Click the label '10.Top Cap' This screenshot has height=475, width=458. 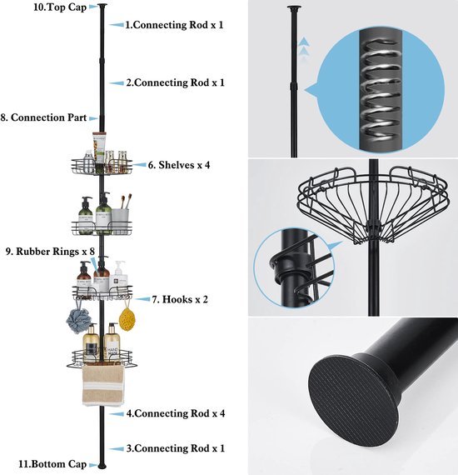[60, 7]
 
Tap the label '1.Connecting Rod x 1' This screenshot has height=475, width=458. [174, 25]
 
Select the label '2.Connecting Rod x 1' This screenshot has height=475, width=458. [176, 82]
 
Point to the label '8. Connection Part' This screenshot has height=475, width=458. [43, 117]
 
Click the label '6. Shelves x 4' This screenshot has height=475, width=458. [179, 165]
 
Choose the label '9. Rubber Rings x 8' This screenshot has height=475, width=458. [50, 252]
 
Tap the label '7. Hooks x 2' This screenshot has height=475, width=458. [180, 300]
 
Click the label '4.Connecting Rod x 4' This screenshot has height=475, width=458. [176, 413]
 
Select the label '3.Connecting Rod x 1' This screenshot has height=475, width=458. [176, 448]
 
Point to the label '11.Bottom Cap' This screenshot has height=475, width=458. [52, 464]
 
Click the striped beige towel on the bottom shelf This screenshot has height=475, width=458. [103, 385]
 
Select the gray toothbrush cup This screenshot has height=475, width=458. [120, 221]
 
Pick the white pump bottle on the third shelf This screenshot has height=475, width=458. [120, 276]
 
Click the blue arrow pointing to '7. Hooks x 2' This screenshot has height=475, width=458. [142, 299]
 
